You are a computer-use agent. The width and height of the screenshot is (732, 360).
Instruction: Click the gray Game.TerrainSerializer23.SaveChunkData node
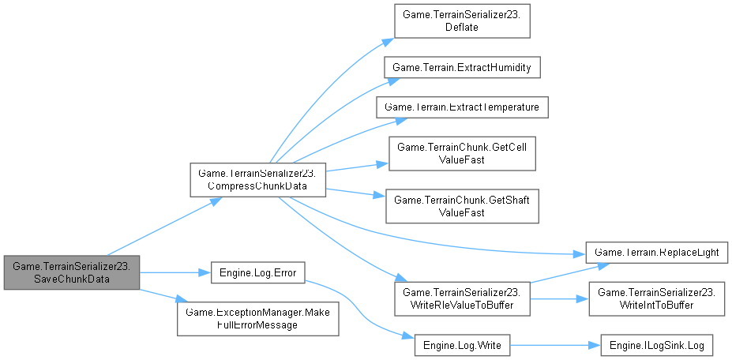point(71,272)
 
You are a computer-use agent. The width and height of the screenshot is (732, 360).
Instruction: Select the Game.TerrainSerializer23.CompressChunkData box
point(257,180)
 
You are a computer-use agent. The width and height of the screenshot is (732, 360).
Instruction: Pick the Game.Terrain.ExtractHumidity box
point(462,68)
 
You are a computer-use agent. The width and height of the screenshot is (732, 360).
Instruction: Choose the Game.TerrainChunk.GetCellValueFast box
point(461,153)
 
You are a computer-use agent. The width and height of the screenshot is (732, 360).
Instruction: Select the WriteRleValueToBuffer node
point(462,298)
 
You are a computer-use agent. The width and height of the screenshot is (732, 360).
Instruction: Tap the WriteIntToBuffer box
point(657,298)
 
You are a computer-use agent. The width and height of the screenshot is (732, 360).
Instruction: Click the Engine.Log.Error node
point(257,272)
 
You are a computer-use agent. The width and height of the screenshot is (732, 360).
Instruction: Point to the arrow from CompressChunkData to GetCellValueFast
point(355,167)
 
